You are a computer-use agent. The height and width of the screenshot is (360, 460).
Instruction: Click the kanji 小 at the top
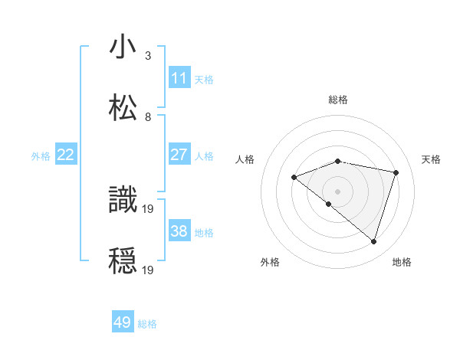pyautogui.click(x=123, y=47)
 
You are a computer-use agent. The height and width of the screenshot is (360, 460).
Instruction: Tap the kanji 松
pyautogui.click(x=123, y=107)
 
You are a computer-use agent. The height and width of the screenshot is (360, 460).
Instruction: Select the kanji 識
pyautogui.click(x=123, y=200)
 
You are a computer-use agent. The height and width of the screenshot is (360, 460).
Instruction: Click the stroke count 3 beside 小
pyautogui.click(x=148, y=55)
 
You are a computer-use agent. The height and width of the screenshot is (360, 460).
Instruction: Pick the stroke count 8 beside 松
pyautogui.click(x=148, y=116)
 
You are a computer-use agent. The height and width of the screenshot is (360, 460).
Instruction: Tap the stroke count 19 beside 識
pyautogui.click(x=149, y=208)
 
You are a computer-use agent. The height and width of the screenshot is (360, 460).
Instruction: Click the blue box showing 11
pyautogui.click(x=179, y=78)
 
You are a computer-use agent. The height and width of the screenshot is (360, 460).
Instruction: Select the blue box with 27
pyautogui.click(x=179, y=155)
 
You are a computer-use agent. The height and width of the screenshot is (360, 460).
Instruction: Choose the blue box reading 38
pyautogui.click(x=179, y=231)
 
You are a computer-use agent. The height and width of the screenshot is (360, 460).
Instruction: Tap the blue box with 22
pyautogui.click(x=65, y=155)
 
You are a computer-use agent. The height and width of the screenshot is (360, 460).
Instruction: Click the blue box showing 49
pyautogui.click(x=123, y=322)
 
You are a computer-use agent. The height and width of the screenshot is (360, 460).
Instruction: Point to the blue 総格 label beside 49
pyautogui.click(x=147, y=324)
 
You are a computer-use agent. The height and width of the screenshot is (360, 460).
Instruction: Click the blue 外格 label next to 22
pyautogui.click(x=41, y=156)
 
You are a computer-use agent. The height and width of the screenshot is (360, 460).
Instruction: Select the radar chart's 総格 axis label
pyautogui.click(x=338, y=100)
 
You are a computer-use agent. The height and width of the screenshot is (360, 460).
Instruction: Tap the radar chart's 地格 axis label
pyautogui.click(x=402, y=262)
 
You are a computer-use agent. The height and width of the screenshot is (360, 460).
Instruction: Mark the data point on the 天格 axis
pyautogui.click(x=396, y=172)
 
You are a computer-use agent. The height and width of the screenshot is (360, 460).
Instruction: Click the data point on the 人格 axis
pyautogui.click(x=294, y=177)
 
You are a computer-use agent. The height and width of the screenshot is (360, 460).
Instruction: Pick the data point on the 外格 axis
pyautogui.click(x=329, y=204)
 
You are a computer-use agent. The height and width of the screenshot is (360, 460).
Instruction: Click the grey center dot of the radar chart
pyautogui.click(x=337, y=191)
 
